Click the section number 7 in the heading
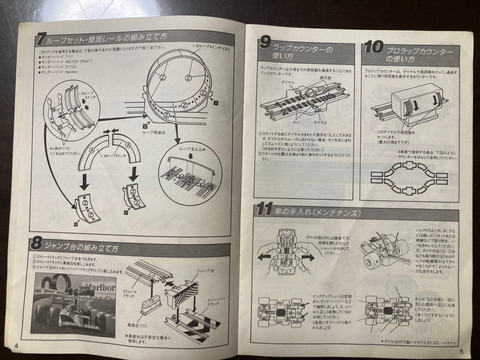click(x=40, y=40)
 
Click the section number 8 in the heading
click(x=36, y=244)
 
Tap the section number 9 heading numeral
click(x=265, y=43)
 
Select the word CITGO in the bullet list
click(x=73, y=67)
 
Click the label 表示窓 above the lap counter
click(x=325, y=78)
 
